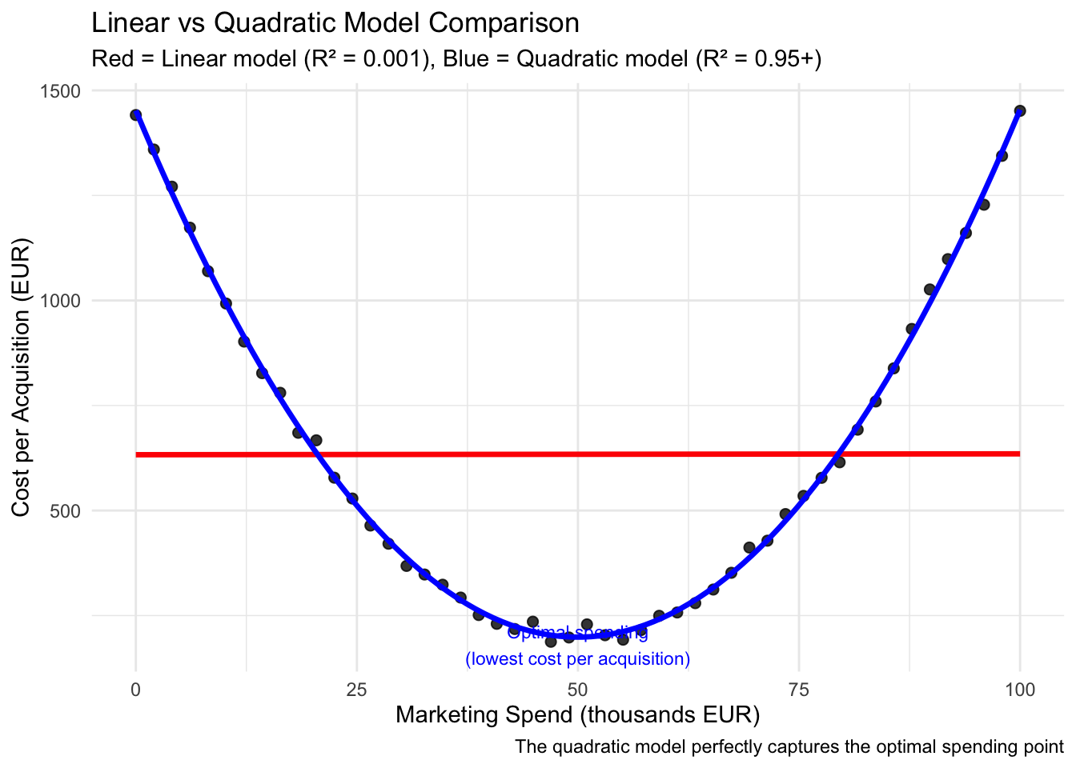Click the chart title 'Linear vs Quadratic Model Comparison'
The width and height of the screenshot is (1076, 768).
(x=335, y=23)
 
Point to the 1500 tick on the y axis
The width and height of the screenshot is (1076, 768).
(x=62, y=91)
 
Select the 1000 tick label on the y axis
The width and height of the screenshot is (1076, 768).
(x=62, y=301)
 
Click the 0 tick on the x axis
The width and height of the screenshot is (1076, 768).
(x=136, y=688)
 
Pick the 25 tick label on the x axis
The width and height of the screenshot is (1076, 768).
(x=356, y=688)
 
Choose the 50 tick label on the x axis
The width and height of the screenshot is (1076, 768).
(x=577, y=688)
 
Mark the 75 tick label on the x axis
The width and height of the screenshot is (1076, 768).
(x=798, y=688)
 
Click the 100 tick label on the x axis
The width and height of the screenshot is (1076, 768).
(x=1019, y=688)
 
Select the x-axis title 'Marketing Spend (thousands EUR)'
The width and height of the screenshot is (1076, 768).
(x=577, y=714)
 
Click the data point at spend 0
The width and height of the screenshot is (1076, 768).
(x=136, y=115)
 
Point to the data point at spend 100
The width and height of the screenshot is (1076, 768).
(x=1019, y=111)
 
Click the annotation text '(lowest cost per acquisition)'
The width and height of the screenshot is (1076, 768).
(x=577, y=659)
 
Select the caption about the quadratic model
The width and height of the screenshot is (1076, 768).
(x=789, y=747)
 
